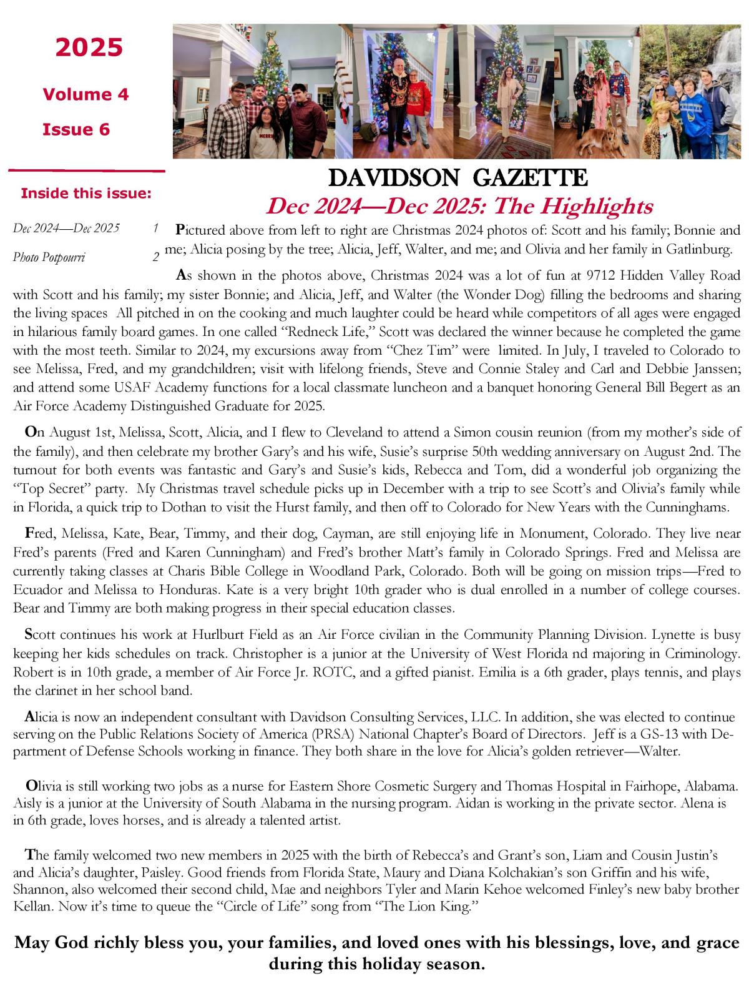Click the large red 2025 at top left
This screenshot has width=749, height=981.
(x=89, y=47)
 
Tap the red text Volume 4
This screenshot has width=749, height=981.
(x=86, y=94)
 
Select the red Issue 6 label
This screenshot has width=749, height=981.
(x=76, y=129)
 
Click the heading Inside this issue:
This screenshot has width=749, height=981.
(x=86, y=193)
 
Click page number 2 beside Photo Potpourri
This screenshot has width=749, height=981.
(x=155, y=257)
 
